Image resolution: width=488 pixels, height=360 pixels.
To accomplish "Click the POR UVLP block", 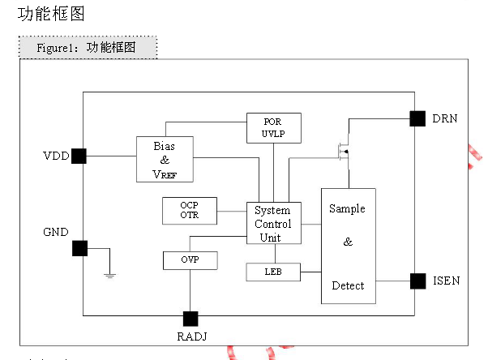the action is [x=274, y=128].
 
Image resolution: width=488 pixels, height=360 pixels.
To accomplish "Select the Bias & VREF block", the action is [x=165, y=159].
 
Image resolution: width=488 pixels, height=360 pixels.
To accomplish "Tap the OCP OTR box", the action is [x=190, y=211].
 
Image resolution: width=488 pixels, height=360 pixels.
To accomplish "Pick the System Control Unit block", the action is [x=274, y=223].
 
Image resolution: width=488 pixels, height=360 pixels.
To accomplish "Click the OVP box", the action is [x=190, y=260].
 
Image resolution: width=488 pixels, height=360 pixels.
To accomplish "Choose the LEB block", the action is [x=273, y=272].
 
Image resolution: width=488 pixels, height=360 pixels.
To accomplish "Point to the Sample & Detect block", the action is [x=349, y=246].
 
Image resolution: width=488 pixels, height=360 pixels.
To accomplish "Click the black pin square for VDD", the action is [x=79, y=156].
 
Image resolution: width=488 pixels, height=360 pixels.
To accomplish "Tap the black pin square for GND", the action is [x=79, y=248].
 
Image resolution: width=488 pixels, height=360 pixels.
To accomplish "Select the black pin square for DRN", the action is [x=417, y=118].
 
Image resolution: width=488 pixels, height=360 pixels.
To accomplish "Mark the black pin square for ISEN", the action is [x=418, y=281].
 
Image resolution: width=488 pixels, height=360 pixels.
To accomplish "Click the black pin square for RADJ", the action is [x=190, y=319].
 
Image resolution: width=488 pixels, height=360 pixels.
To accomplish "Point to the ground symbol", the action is [x=110, y=276].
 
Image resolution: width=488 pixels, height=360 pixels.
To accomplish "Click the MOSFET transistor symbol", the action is [x=345, y=152].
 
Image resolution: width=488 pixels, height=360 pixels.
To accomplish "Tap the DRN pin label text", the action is [x=445, y=118].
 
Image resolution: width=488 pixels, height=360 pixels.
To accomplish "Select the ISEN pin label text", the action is [x=447, y=281].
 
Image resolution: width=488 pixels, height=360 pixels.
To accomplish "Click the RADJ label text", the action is [x=192, y=336].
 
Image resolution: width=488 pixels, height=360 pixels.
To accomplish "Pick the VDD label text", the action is [x=56, y=156].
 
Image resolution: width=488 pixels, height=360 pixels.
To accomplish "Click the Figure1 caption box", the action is [x=88, y=47].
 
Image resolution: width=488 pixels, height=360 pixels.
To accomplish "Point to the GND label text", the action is [x=56, y=232].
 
